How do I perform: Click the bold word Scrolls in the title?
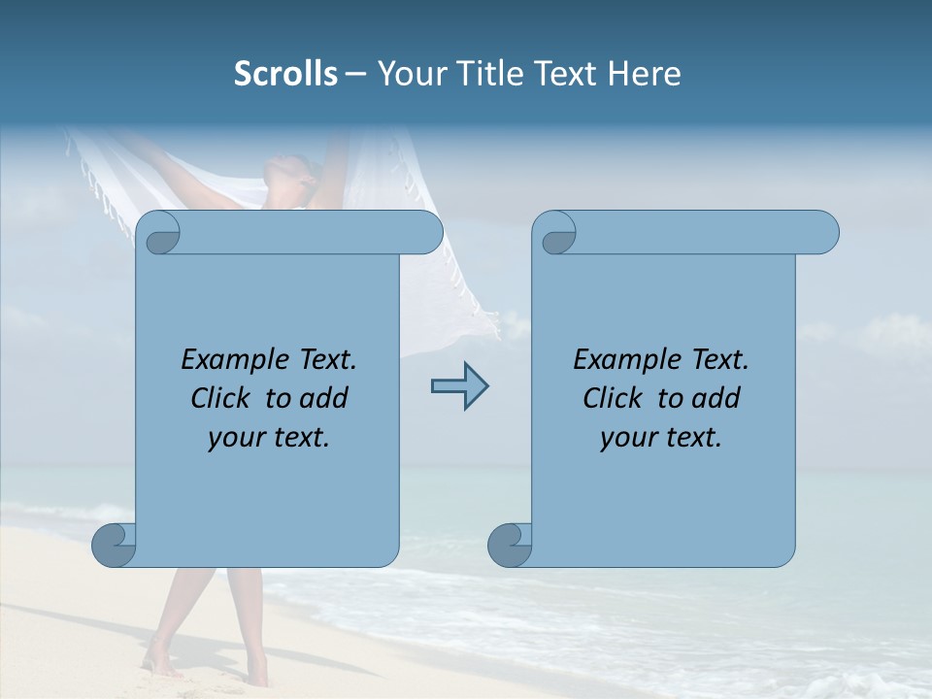286,74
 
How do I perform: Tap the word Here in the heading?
645,74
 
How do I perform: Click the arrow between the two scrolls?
459,385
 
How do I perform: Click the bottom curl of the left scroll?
114,545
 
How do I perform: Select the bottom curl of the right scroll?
509,545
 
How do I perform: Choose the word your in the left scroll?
236,438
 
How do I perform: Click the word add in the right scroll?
719,398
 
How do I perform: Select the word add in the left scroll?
327,398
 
